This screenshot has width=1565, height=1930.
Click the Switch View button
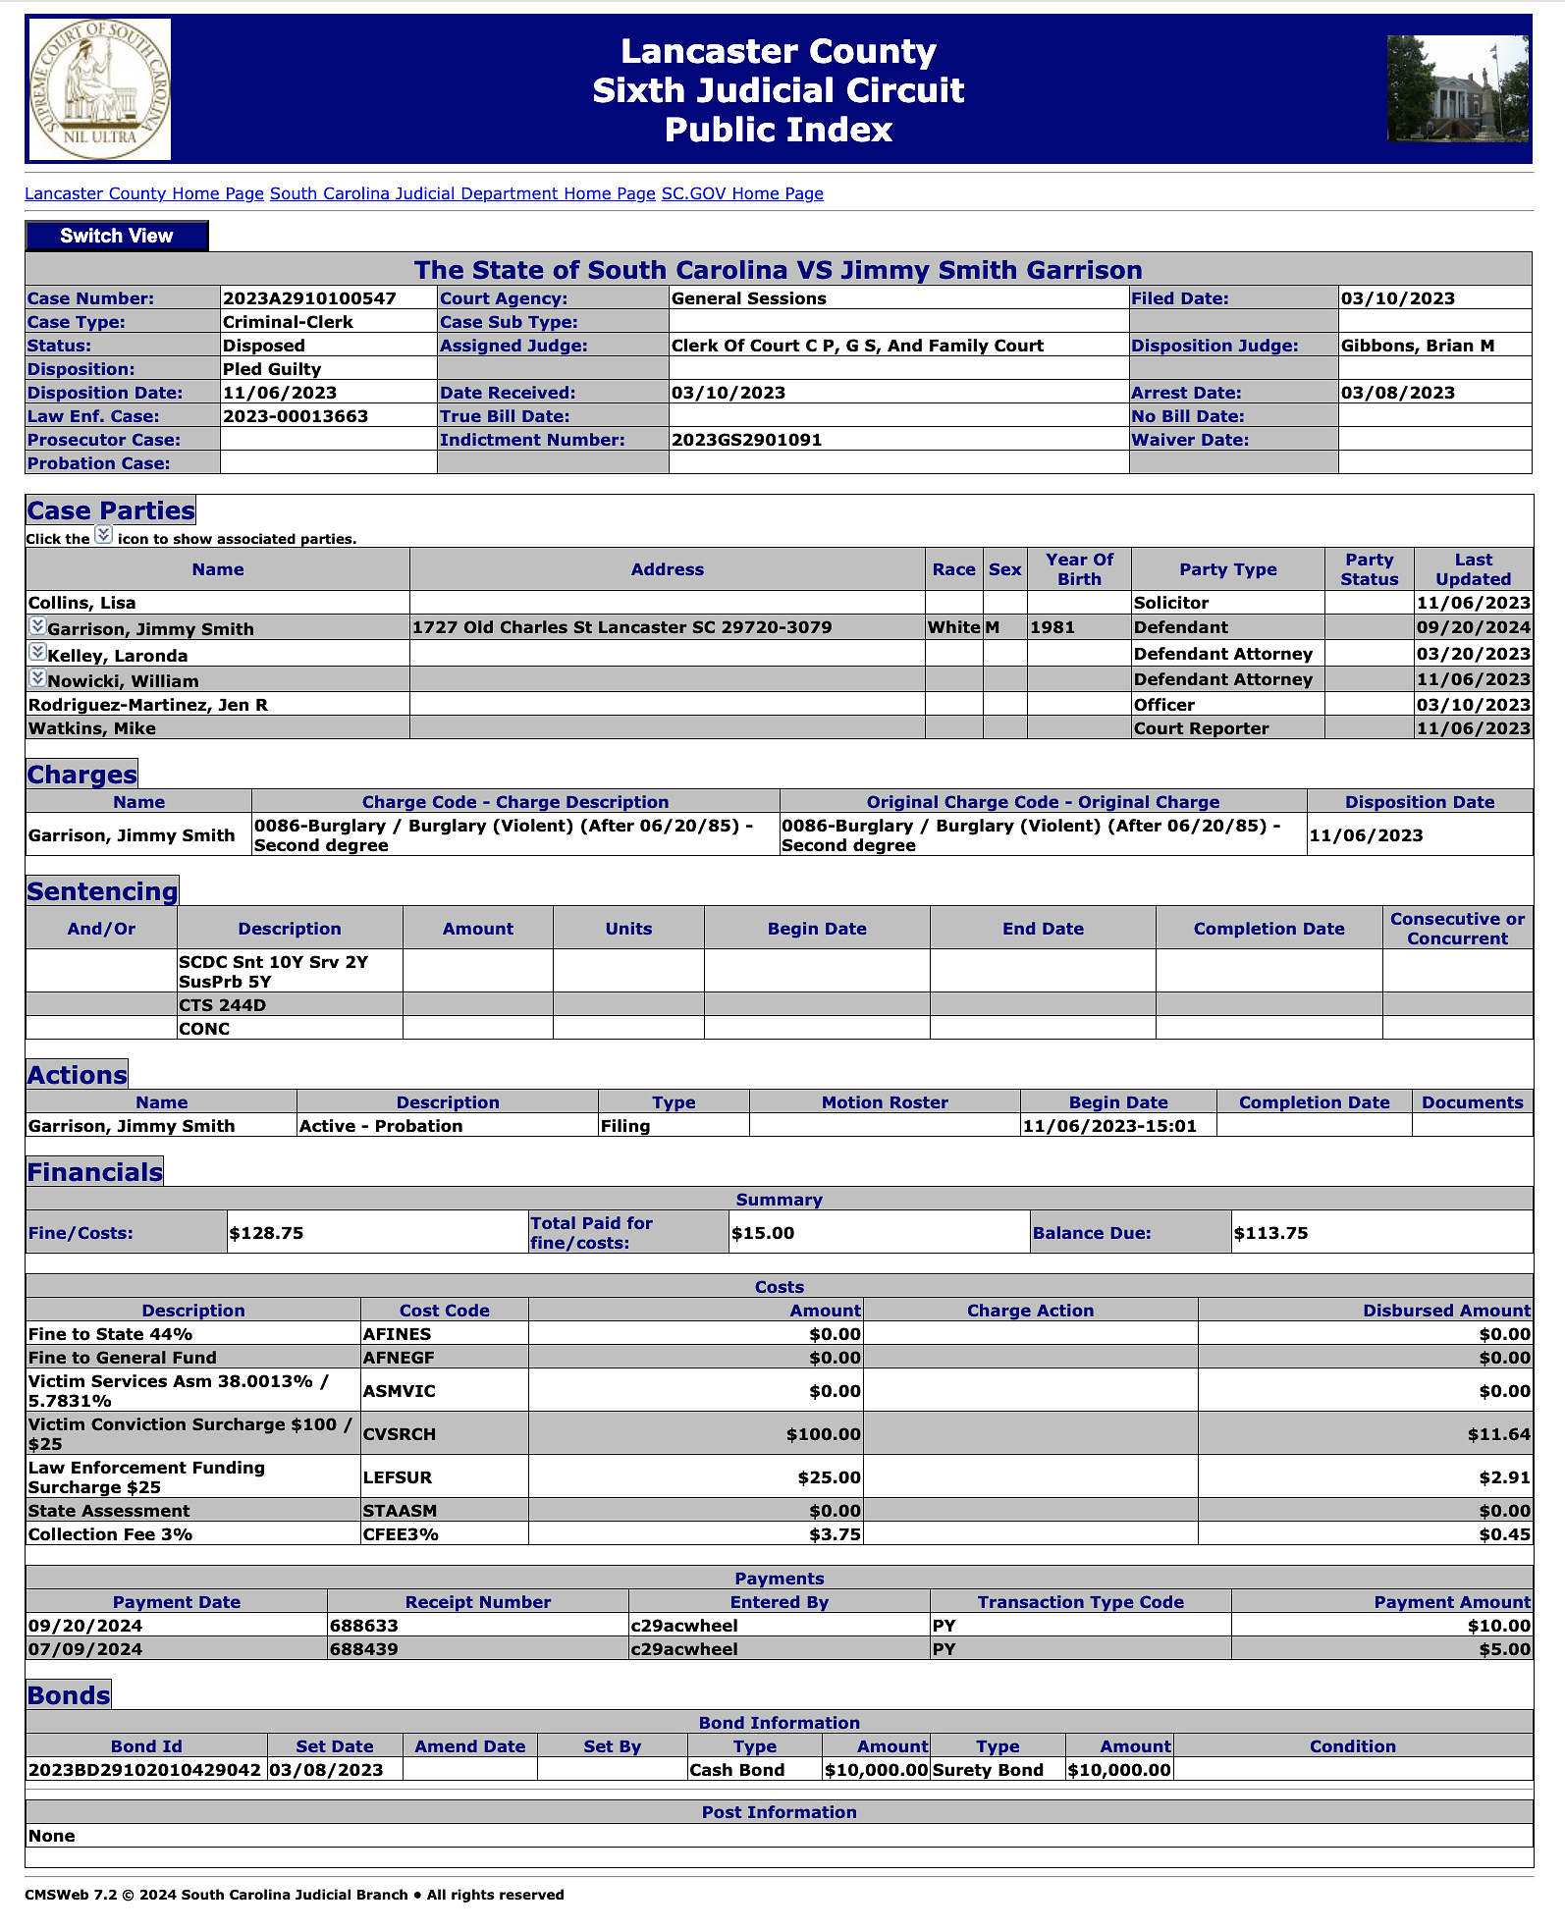click(116, 236)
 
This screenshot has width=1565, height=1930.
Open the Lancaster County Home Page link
click(144, 193)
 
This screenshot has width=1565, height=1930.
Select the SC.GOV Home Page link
click(742, 193)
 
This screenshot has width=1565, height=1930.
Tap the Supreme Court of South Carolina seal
click(99, 89)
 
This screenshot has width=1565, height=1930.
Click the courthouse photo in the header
click(1457, 89)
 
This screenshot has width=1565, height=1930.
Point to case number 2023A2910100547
click(309, 298)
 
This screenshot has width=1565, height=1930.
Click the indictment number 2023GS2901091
click(746, 440)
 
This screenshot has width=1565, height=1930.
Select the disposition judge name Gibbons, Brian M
click(1417, 346)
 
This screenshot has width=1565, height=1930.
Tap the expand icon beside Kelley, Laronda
click(37, 652)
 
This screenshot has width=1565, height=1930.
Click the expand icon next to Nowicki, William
click(37, 677)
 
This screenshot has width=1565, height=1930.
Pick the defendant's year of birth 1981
click(1052, 627)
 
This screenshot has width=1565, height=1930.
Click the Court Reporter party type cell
click(1201, 728)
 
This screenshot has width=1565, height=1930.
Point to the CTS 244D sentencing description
click(222, 1005)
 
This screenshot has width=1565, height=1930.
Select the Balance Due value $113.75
click(1270, 1233)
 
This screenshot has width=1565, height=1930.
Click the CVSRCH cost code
click(399, 1434)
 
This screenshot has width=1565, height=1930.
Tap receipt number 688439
click(364, 1649)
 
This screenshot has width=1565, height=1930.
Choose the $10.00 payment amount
click(1498, 1626)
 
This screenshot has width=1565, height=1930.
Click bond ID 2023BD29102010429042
click(145, 1770)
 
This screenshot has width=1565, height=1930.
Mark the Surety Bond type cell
click(988, 1770)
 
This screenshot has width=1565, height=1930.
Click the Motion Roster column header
click(884, 1102)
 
